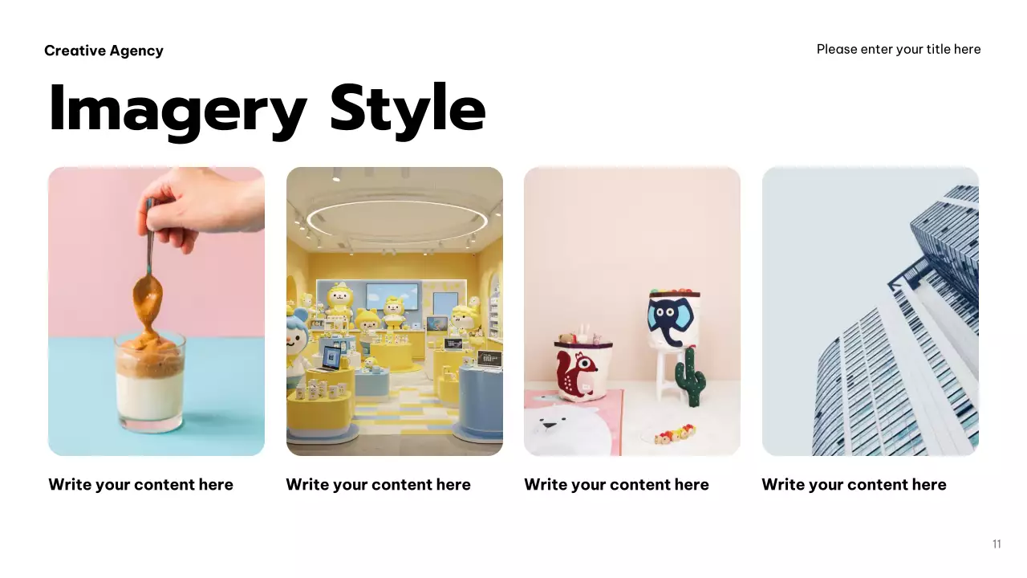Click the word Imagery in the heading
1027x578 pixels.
[177, 108]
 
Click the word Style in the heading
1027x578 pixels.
[408, 108]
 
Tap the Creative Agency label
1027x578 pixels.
[104, 51]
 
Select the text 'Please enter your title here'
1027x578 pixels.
[898, 49]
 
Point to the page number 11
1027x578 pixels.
[997, 544]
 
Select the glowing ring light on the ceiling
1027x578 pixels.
[397, 218]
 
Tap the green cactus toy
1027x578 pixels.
[689, 376]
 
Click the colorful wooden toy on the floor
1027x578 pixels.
[672, 436]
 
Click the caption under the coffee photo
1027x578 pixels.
[140, 484]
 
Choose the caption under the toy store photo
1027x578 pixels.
[378, 484]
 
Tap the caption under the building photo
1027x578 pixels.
[854, 484]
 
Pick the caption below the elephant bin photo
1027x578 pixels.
[616, 484]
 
